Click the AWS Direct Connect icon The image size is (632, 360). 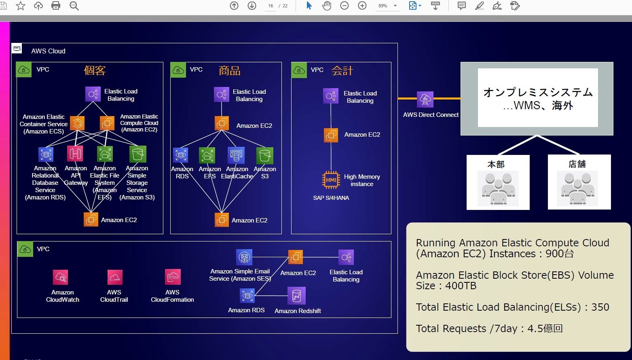[425, 100]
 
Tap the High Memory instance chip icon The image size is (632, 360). [331, 180]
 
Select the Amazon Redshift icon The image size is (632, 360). [296, 296]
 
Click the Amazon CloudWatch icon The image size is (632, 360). [60, 277]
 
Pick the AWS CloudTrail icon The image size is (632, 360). [115, 277]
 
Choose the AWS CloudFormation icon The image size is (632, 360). [173, 277]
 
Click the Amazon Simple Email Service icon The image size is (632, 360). [244, 257]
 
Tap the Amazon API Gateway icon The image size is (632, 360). [75, 154]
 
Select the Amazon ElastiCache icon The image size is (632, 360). [236, 155]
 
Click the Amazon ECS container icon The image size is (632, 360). [77, 123]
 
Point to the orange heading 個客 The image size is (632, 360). [95, 70]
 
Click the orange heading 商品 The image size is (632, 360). [230, 71]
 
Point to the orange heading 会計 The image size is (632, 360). [342, 71]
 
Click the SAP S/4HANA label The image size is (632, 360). [331, 198]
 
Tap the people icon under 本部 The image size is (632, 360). [498, 188]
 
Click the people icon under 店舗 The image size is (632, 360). [577, 188]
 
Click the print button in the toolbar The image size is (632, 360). [56, 6]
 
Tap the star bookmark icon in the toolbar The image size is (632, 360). [21, 6]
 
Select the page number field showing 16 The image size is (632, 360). [271, 6]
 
